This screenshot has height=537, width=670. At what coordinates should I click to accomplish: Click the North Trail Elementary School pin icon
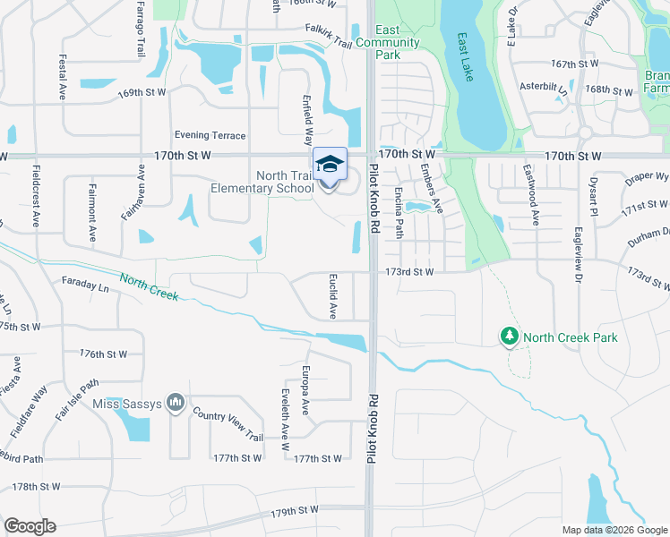(330, 165)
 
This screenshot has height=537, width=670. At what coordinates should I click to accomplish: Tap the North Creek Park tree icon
(510, 337)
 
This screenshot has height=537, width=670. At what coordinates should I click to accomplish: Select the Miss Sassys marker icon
(176, 405)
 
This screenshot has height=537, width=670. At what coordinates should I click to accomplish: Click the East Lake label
(465, 57)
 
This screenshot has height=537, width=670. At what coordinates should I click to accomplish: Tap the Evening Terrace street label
(210, 135)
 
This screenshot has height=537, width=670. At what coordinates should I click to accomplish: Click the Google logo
(30, 526)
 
